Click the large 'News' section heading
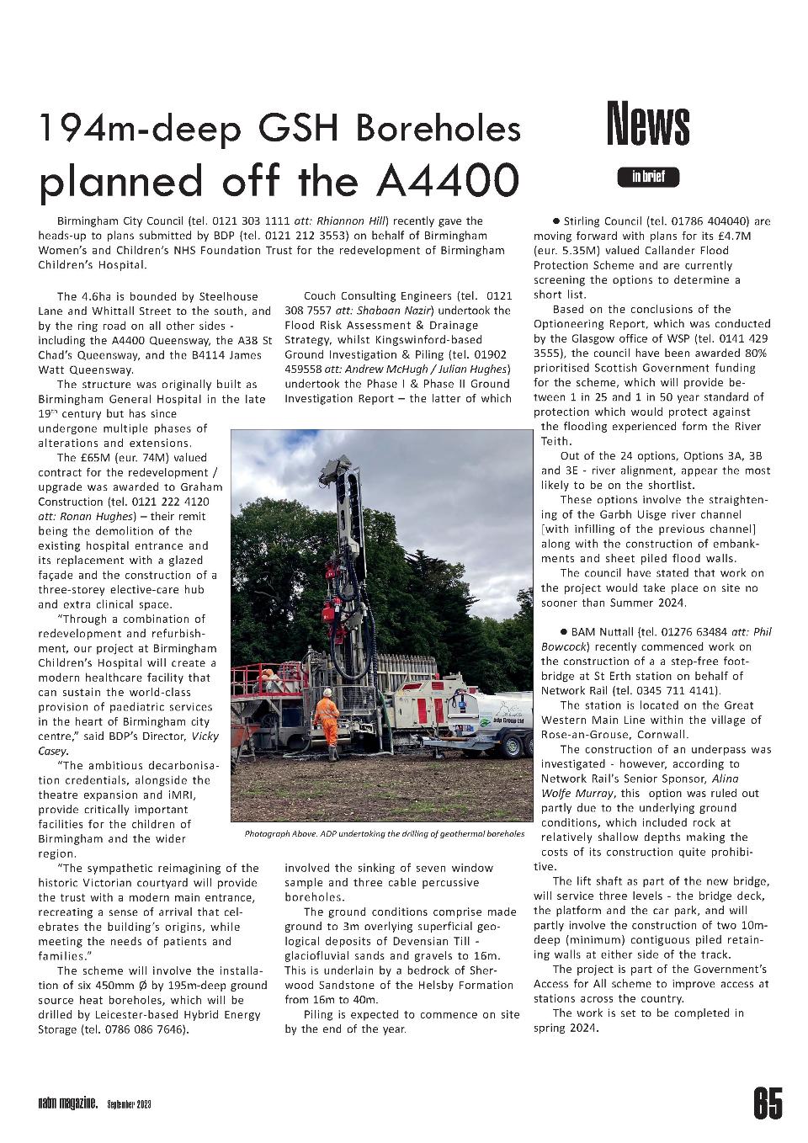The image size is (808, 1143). [648, 124]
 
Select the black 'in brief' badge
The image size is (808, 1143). [648, 177]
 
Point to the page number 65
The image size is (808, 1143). [767, 1103]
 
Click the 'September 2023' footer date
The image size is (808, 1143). [130, 1104]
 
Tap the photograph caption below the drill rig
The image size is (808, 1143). [384, 833]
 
